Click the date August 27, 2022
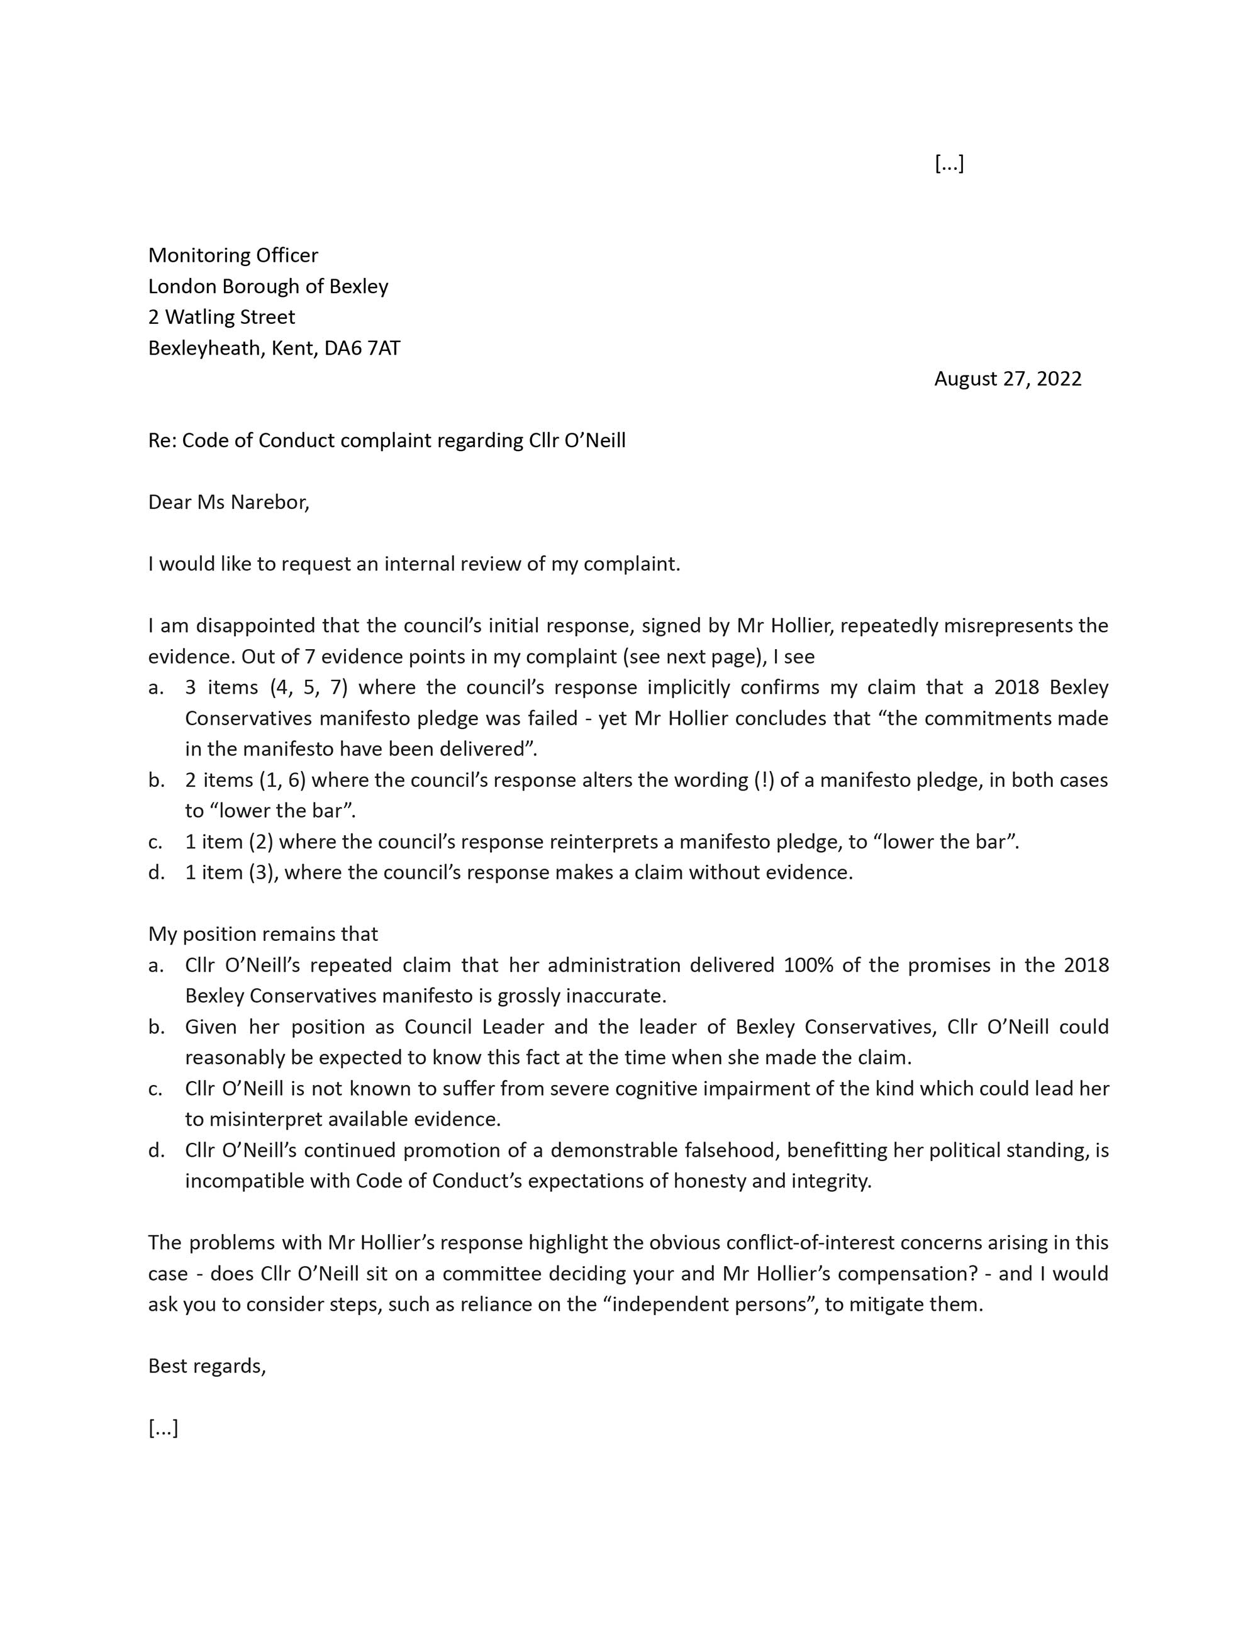pyautogui.click(x=1007, y=379)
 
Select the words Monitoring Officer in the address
pyautogui.click(x=233, y=255)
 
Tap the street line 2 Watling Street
pyautogui.click(x=221, y=317)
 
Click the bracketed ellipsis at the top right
pyautogui.click(x=949, y=164)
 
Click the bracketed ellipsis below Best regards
pyautogui.click(x=164, y=1428)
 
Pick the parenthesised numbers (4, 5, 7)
pyautogui.click(x=309, y=687)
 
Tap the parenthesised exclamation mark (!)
pyautogui.click(x=759, y=780)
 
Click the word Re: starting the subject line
pyautogui.click(x=162, y=441)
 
